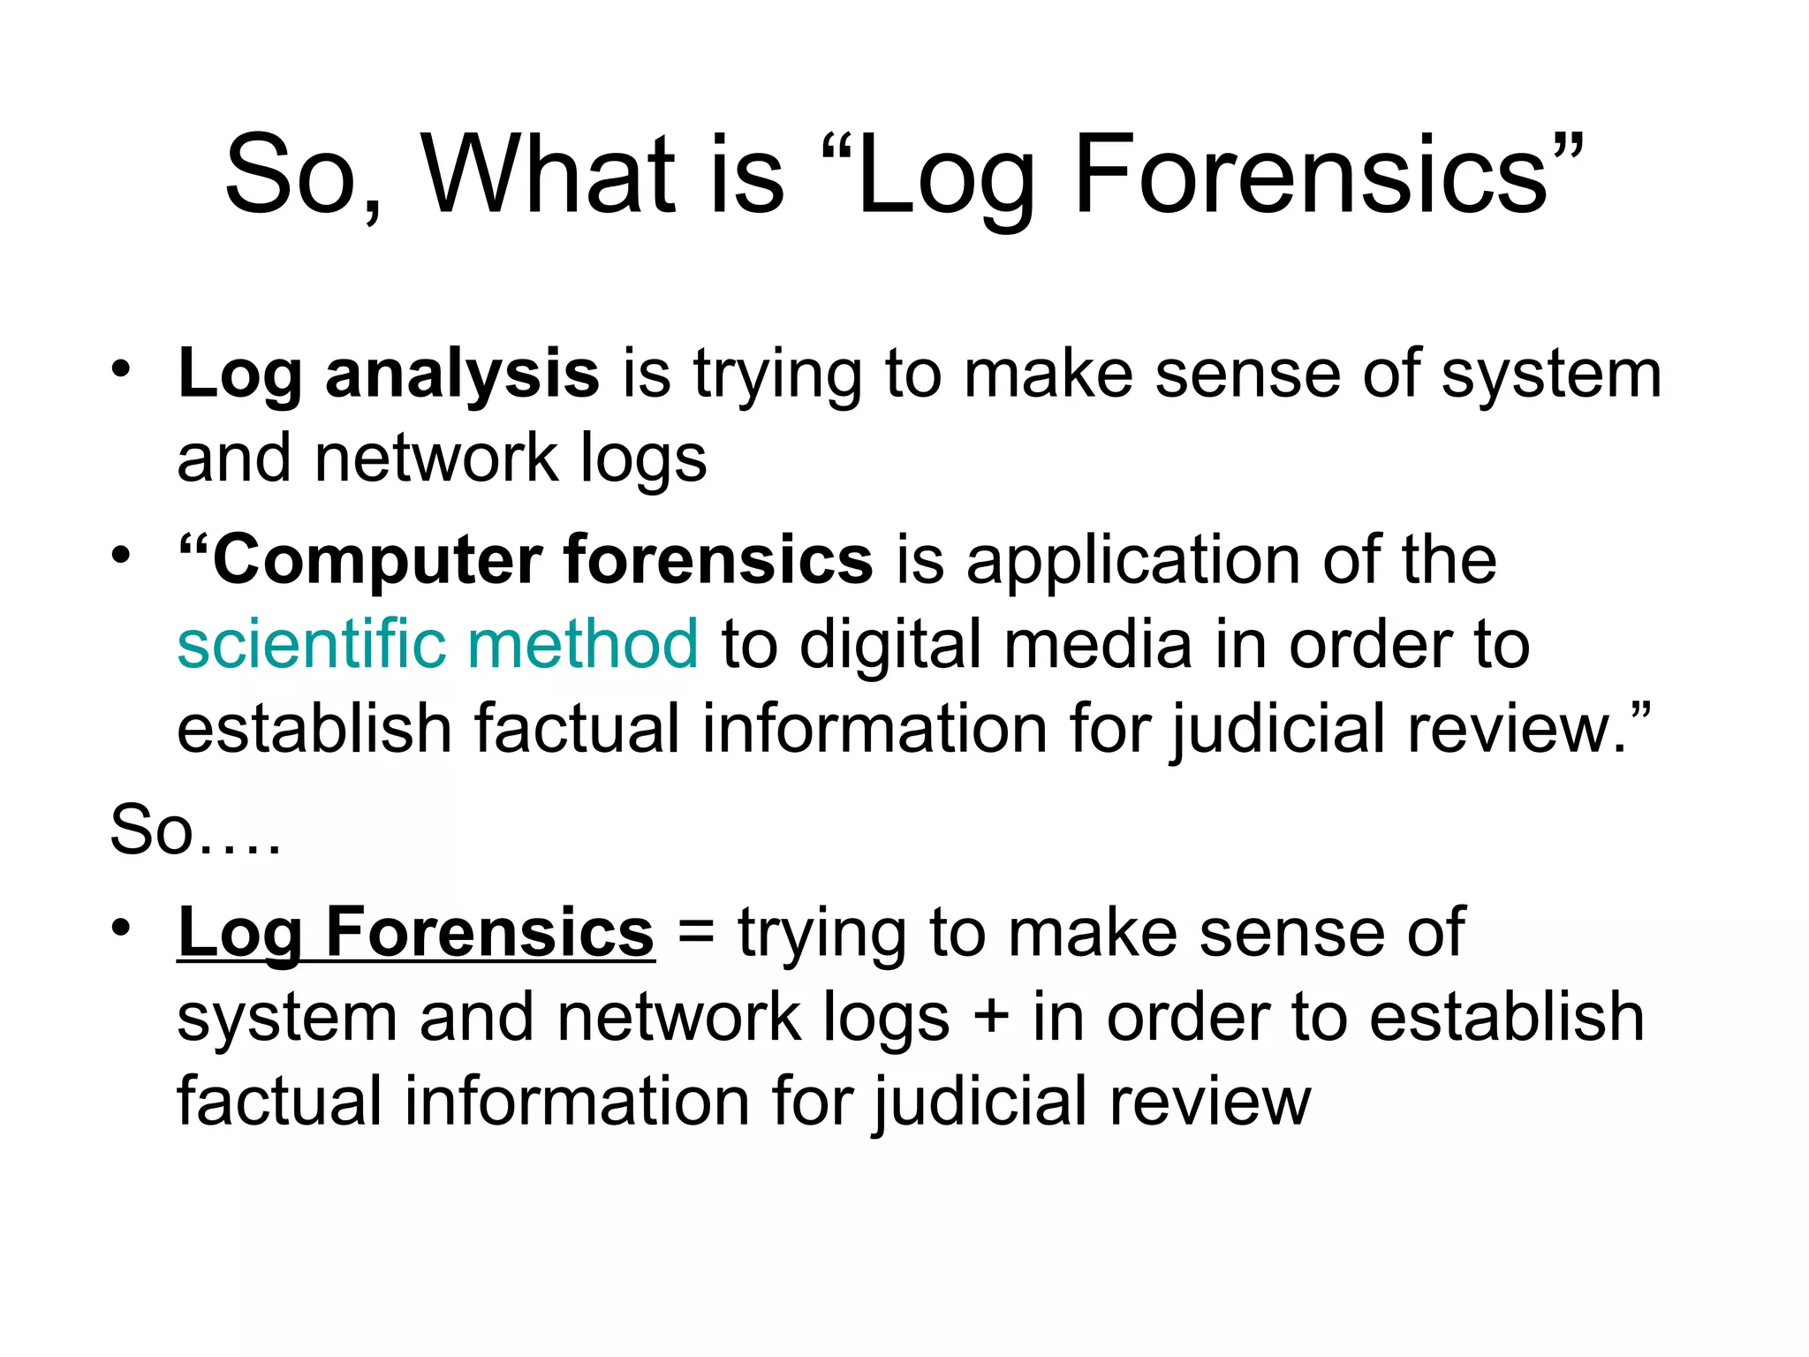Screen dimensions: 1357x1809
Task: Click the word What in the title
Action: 548,174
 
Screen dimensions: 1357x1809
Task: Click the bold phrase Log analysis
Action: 389,375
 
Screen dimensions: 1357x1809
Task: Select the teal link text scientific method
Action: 438,644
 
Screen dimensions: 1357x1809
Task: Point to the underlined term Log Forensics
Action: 416,933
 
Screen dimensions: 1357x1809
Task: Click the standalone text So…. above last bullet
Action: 195,830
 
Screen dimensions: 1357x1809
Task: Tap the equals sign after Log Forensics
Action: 696,933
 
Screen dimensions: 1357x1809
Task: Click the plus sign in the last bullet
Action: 990,1017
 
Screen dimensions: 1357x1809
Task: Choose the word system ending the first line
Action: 1552,375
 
